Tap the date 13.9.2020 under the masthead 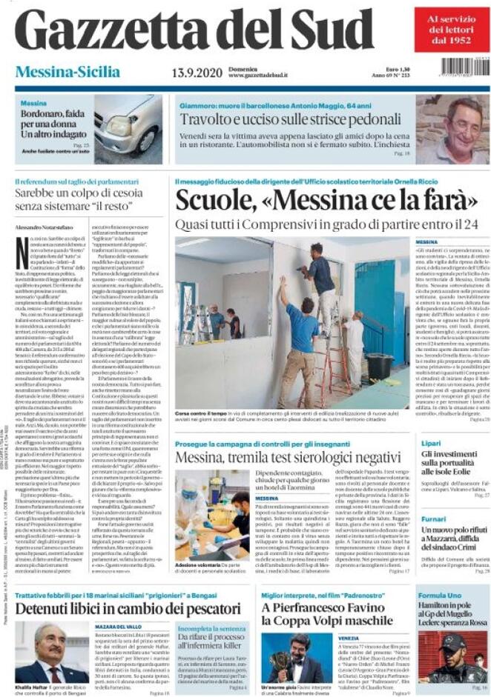(197, 73)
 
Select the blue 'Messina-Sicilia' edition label (67, 72)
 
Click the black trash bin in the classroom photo (378, 367)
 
